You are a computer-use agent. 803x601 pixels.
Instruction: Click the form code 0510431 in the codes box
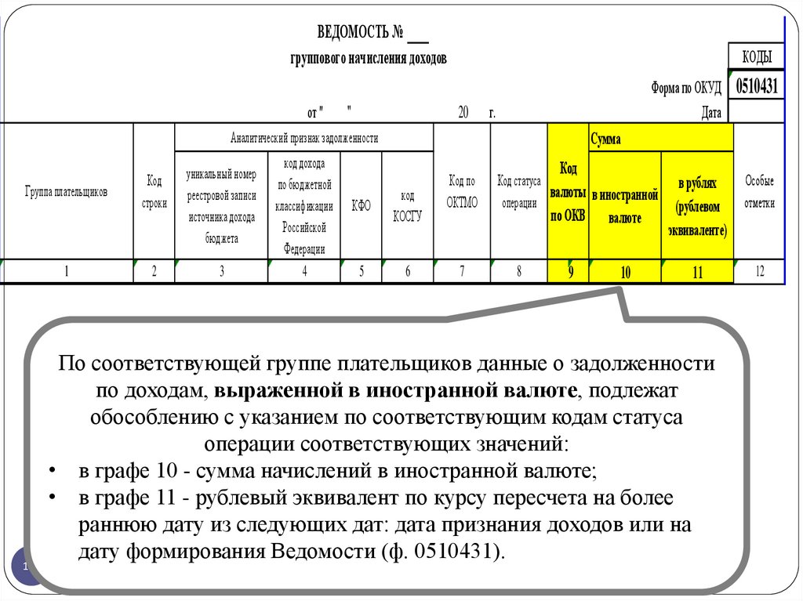click(757, 85)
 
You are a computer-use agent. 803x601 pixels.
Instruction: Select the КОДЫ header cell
click(757, 56)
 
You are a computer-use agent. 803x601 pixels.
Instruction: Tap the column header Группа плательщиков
click(66, 191)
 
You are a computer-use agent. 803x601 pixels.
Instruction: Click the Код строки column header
click(154, 192)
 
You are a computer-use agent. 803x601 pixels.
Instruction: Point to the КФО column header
click(361, 205)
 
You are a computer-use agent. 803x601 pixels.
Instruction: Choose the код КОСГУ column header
click(407, 205)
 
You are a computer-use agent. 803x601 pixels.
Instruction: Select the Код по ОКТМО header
click(462, 192)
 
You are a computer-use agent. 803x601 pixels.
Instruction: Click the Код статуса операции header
click(518, 192)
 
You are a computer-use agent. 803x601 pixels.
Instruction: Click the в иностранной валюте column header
click(624, 206)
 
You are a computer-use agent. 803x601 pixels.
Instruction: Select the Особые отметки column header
click(759, 192)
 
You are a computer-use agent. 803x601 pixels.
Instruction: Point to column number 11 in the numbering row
click(696, 273)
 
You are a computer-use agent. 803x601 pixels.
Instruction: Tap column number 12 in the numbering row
click(759, 271)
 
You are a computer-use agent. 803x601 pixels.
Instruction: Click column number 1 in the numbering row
click(67, 271)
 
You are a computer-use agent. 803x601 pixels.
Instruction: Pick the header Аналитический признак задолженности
click(304, 138)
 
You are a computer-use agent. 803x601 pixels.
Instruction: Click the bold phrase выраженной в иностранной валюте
click(395, 389)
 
